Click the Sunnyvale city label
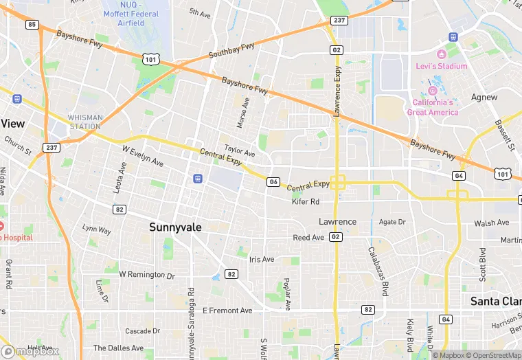pos(175,227)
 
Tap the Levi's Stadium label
pos(441,66)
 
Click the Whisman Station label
pos(85,122)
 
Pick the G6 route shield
pos(273,181)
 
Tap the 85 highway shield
pos(32,24)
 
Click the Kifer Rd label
pos(306,201)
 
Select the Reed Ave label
pos(308,238)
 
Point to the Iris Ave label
pos(262,259)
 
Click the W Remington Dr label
pos(147,274)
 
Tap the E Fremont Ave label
pos(227,311)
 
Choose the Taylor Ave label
pos(240,150)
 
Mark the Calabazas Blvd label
pos(378,269)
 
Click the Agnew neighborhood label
pos(484,98)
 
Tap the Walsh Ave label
pos(492,223)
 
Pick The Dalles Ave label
pos(118,348)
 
